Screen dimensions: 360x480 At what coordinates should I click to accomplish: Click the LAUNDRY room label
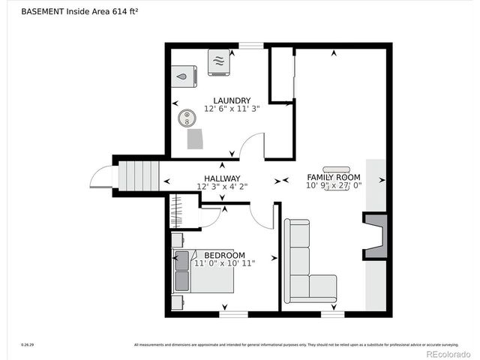pyautogui.click(x=231, y=100)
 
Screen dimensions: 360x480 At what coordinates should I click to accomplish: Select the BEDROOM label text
pyautogui.click(x=224, y=255)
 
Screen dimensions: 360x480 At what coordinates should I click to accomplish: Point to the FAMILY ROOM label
pyautogui.click(x=334, y=177)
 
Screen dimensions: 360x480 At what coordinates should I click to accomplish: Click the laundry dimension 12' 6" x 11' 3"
pyautogui.click(x=231, y=109)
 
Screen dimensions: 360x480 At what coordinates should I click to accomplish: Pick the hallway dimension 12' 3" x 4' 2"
pyautogui.click(x=222, y=187)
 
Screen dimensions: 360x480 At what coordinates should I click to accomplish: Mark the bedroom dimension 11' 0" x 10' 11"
pyautogui.click(x=224, y=263)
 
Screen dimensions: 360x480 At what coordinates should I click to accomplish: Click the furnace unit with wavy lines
pyautogui.click(x=218, y=61)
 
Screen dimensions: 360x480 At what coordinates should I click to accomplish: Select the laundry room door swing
pyautogui.click(x=253, y=146)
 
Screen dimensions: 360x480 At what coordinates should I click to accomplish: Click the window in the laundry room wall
pyautogui.click(x=251, y=46)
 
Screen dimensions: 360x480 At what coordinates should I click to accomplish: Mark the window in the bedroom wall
pyautogui.click(x=233, y=313)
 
